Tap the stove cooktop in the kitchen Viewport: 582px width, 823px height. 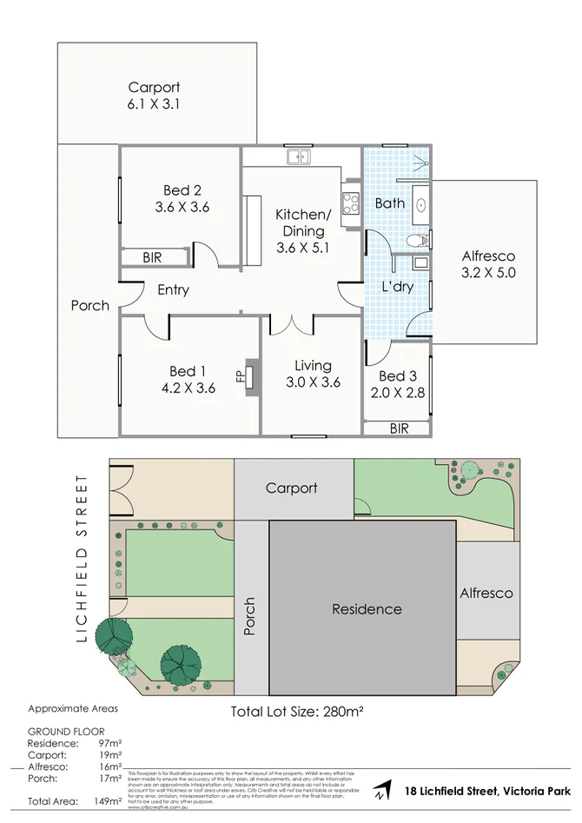(x=352, y=204)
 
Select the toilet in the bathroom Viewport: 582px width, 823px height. (x=416, y=240)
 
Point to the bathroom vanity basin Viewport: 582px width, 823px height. (x=421, y=205)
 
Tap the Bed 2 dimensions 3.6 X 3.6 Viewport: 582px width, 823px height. (x=182, y=208)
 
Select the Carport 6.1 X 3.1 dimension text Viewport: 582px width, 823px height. (x=154, y=104)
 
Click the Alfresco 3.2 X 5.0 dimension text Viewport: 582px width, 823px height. (x=488, y=273)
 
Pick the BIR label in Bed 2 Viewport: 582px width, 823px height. (x=152, y=257)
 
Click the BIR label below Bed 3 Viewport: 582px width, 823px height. (x=399, y=428)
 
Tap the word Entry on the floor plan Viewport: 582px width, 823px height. (x=173, y=289)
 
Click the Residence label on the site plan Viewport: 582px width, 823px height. (x=367, y=609)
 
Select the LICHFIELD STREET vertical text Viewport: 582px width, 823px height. (x=83, y=558)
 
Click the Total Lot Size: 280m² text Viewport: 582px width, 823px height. (x=296, y=711)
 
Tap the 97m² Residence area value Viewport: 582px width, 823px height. (x=109, y=744)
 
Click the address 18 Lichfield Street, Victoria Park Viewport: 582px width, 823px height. (x=488, y=791)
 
